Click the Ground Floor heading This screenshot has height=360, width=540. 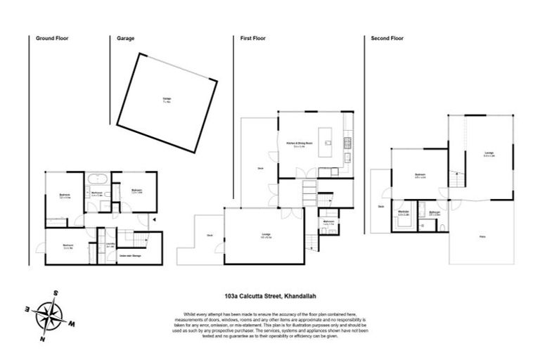[52, 39]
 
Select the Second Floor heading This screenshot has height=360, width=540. [387, 39]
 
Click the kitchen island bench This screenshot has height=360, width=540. [326, 139]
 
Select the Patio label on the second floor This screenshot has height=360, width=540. [483, 239]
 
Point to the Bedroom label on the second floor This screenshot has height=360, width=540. [420, 175]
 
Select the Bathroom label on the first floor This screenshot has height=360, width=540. [328, 221]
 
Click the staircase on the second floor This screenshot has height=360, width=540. [458, 180]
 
